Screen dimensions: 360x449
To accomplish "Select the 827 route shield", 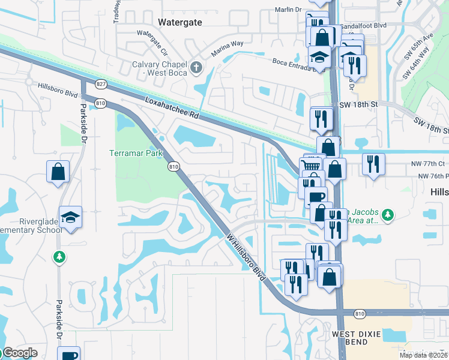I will [101, 84].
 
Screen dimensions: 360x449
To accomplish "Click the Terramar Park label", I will [136, 153].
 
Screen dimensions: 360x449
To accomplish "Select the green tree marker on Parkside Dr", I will [59, 257].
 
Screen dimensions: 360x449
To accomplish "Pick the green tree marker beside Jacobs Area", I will [388, 214].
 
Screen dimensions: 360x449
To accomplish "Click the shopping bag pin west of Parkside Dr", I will [58, 172].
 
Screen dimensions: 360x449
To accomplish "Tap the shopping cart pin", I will [310, 166].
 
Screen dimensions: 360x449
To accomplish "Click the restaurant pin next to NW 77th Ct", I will [373, 164].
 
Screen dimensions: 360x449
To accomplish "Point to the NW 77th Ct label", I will [432, 163].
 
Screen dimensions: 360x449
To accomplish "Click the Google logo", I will [19, 353].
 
